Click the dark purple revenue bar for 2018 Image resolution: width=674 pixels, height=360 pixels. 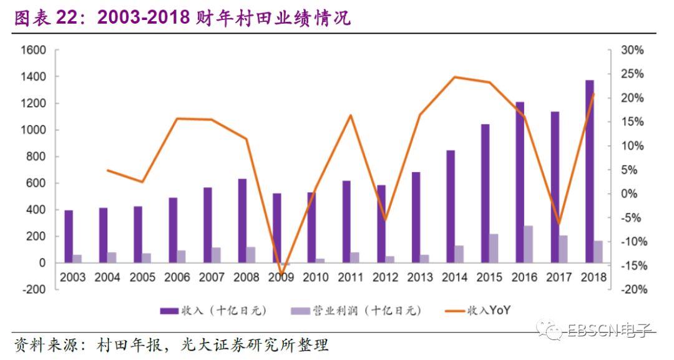point(589,172)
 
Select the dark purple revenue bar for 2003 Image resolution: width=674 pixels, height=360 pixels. point(69,236)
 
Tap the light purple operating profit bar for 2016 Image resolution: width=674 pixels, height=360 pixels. point(545,244)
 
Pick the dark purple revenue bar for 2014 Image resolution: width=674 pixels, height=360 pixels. point(451,207)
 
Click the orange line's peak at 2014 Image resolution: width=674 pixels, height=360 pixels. point(455,77)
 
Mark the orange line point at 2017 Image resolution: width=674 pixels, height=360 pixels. point(559,223)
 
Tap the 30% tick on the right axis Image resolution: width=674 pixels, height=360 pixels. point(632,50)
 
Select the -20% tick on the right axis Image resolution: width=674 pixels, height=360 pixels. point(631,289)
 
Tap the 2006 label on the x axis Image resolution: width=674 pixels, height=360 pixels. point(177,277)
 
